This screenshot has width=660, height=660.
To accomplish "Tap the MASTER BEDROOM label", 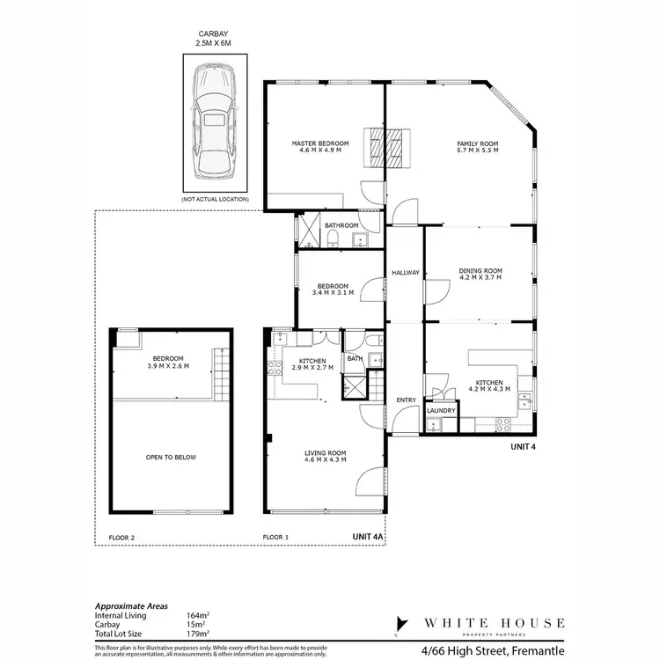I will [x=320, y=143].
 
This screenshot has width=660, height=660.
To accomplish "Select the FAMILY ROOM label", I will [x=477, y=143].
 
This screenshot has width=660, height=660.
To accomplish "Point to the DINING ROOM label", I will [x=480, y=270].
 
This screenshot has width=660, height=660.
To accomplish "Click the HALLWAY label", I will [x=406, y=273].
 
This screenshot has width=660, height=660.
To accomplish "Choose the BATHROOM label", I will [x=341, y=226].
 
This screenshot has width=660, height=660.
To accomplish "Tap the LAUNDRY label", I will [x=439, y=411].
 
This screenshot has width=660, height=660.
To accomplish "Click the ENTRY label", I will [x=406, y=400].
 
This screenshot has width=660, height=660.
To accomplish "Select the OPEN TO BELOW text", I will [x=171, y=458].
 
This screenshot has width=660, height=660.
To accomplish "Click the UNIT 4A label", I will [x=368, y=535].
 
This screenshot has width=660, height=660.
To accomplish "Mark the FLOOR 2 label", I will [x=121, y=536].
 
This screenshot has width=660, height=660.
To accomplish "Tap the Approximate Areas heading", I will [x=131, y=606].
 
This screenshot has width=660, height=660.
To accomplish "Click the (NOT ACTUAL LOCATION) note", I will [x=215, y=200].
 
